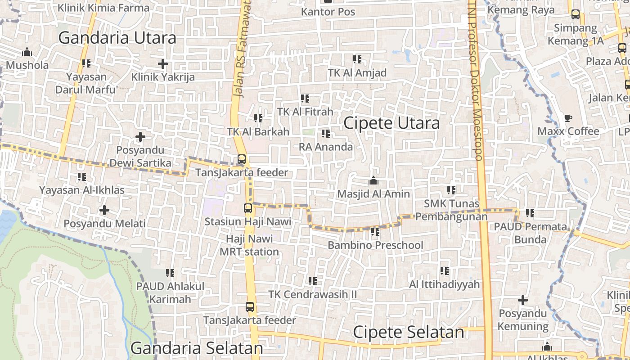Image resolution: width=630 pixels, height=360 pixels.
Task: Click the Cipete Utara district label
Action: [x=391, y=123]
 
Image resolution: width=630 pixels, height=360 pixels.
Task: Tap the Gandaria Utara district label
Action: [x=117, y=38]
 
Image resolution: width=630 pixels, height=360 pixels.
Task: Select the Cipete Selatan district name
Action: [x=408, y=332]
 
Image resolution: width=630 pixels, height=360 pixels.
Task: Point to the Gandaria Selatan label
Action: [x=197, y=348]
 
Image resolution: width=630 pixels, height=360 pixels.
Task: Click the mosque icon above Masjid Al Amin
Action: [x=373, y=181]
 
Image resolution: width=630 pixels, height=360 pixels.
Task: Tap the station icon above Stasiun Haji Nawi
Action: [x=248, y=208]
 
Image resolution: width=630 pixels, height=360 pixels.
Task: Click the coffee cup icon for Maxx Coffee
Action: [x=568, y=118]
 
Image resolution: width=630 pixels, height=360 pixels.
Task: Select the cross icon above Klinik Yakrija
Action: [x=163, y=64]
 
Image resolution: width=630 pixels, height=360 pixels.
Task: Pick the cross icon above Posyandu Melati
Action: [x=104, y=210]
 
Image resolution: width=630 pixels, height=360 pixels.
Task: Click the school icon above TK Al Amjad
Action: [x=357, y=59]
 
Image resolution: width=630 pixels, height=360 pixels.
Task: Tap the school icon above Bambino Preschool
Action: [x=375, y=232]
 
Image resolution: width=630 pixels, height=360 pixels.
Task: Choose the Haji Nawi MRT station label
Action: [x=249, y=245]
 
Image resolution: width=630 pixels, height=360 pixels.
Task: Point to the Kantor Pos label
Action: [x=328, y=12]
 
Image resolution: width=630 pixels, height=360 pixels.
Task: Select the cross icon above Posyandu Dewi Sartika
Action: [x=140, y=136]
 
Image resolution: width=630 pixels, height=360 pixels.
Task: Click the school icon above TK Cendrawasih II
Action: [x=312, y=281]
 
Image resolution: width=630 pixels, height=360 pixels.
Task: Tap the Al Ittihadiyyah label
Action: [x=444, y=284]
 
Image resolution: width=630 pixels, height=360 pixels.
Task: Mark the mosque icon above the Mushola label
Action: [x=27, y=52]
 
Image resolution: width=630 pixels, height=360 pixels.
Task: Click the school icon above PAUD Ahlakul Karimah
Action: [x=170, y=273]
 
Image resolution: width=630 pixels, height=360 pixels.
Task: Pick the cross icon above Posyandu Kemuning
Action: [x=523, y=300]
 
